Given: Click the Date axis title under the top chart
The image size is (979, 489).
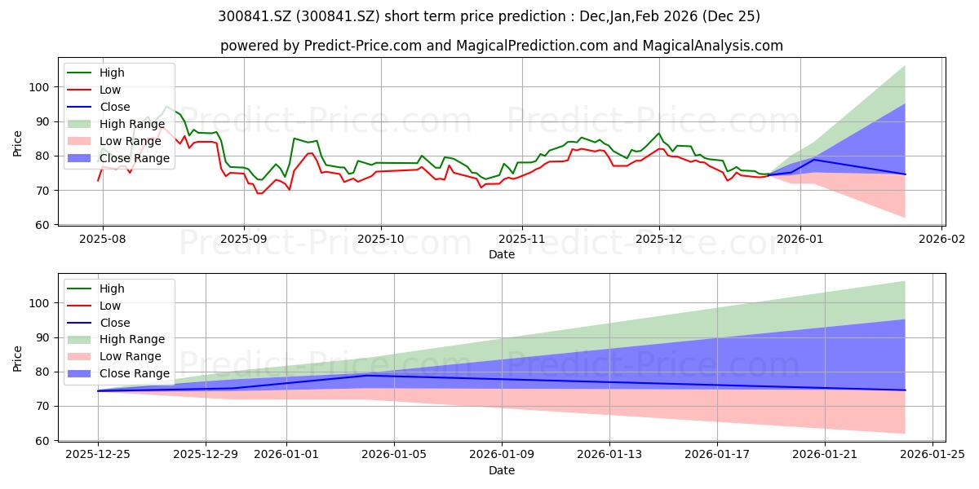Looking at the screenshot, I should point(501,254).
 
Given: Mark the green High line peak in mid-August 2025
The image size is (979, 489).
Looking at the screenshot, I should point(166,106).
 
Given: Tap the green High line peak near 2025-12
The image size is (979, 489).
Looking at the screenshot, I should point(658,134).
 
